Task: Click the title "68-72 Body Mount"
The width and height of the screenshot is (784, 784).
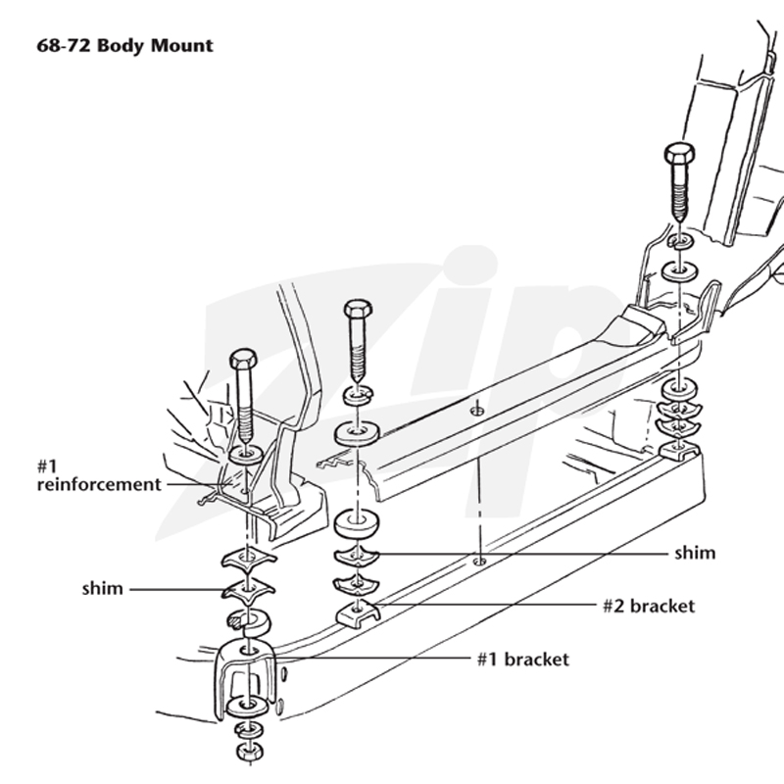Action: pyautogui.click(x=125, y=45)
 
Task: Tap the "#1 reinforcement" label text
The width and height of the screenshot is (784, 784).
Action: pyautogui.click(x=99, y=475)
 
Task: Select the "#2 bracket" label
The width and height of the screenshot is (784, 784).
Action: pyautogui.click(x=649, y=606)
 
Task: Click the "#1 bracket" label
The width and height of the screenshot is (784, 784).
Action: pyautogui.click(x=523, y=660)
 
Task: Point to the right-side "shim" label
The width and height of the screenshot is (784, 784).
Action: pyautogui.click(x=695, y=553)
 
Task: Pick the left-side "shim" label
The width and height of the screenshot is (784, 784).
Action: pyautogui.click(x=103, y=589)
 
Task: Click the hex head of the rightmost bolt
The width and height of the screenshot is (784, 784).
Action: pyautogui.click(x=679, y=153)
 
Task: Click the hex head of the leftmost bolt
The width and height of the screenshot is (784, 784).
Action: pyautogui.click(x=243, y=359)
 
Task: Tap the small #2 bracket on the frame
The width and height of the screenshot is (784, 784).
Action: pyautogui.click(x=358, y=613)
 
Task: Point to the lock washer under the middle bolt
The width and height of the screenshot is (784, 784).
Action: pyautogui.click(x=358, y=395)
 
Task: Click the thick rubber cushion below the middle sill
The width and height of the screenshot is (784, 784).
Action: pyautogui.click(x=356, y=524)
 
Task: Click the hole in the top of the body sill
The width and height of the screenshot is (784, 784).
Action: pyautogui.click(x=477, y=411)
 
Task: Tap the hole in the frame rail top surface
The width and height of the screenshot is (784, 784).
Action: pyautogui.click(x=479, y=562)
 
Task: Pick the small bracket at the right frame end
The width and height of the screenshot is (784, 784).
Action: pyautogui.click(x=679, y=450)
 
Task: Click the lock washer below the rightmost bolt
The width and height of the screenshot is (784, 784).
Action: pyautogui.click(x=679, y=241)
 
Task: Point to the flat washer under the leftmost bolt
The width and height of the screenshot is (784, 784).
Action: pyautogui.click(x=246, y=455)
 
